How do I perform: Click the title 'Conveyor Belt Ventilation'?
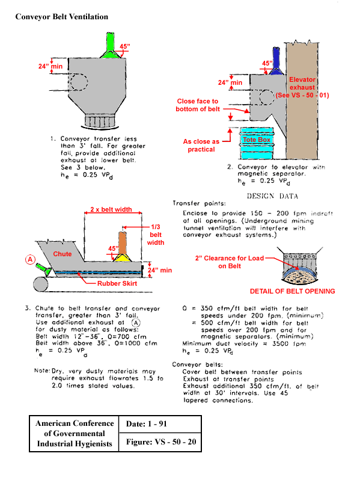pyautogui.click(x=62, y=17)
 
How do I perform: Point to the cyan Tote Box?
pyautogui.click(x=257, y=140)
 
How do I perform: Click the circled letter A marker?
pyautogui.click(x=28, y=260)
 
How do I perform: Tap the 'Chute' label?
pyautogui.click(x=63, y=254)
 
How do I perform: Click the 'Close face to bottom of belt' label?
pyautogui.click(x=197, y=105)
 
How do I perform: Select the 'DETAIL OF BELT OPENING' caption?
pyautogui.click(x=292, y=291)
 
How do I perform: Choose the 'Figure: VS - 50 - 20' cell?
pyautogui.click(x=160, y=443)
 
